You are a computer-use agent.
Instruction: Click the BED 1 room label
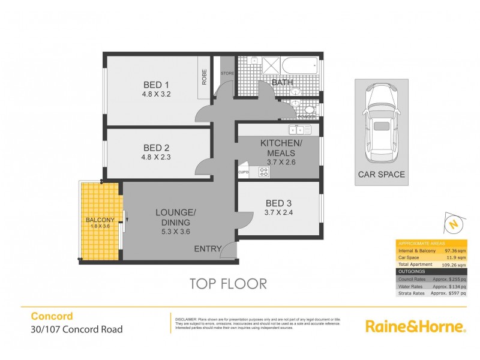click(x=152, y=83)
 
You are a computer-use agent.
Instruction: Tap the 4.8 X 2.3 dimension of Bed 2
click(x=152, y=158)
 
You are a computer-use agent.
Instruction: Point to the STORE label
click(x=227, y=74)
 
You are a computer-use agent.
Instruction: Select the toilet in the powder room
click(x=307, y=110)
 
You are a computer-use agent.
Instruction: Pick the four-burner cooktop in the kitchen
click(x=263, y=172)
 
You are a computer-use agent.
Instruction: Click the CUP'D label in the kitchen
click(x=244, y=173)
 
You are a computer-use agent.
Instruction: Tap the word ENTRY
click(x=207, y=248)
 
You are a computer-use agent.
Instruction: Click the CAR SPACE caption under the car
click(x=381, y=175)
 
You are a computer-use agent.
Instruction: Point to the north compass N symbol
click(x=454, y=224)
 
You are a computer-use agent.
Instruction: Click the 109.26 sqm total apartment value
click(x=454, y=264)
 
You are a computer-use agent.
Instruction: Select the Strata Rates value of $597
click(x=453, y=293)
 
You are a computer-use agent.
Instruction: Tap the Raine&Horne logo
click(x=415, y=326)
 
